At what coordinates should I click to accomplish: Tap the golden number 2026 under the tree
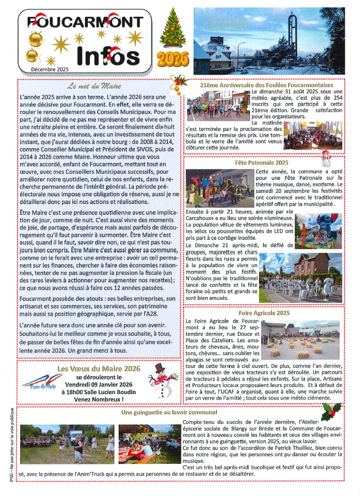click(x=171, y=58)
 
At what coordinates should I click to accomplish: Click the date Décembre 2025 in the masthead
click(x=50, y=69)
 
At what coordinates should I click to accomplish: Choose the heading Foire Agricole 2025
click(x=265, y=313)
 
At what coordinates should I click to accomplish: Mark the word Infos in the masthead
click(x=107, y=55)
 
